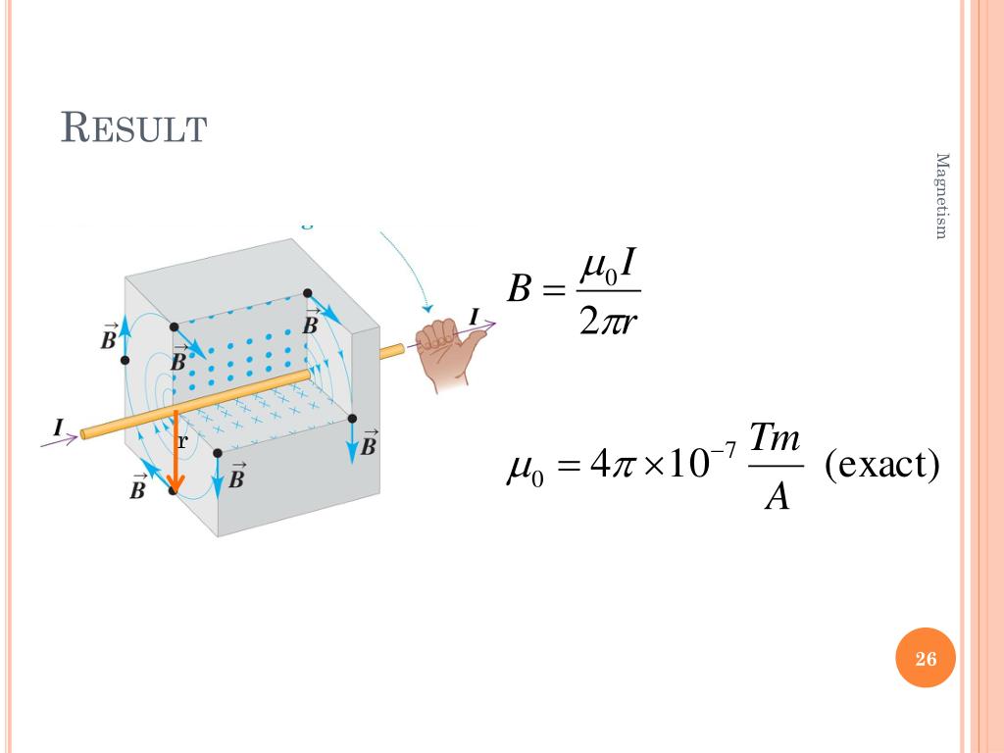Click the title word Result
(133, 128)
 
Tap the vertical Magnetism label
(942, 196)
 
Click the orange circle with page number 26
(926, 659)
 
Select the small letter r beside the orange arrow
(182, 441)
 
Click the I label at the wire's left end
(60, 427)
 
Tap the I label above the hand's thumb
(476, 316)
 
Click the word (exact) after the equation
(882, 464)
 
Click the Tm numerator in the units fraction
(776, 438)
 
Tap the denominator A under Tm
(777, 497)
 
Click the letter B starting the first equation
(520, 291)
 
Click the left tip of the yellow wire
(84, 433)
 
